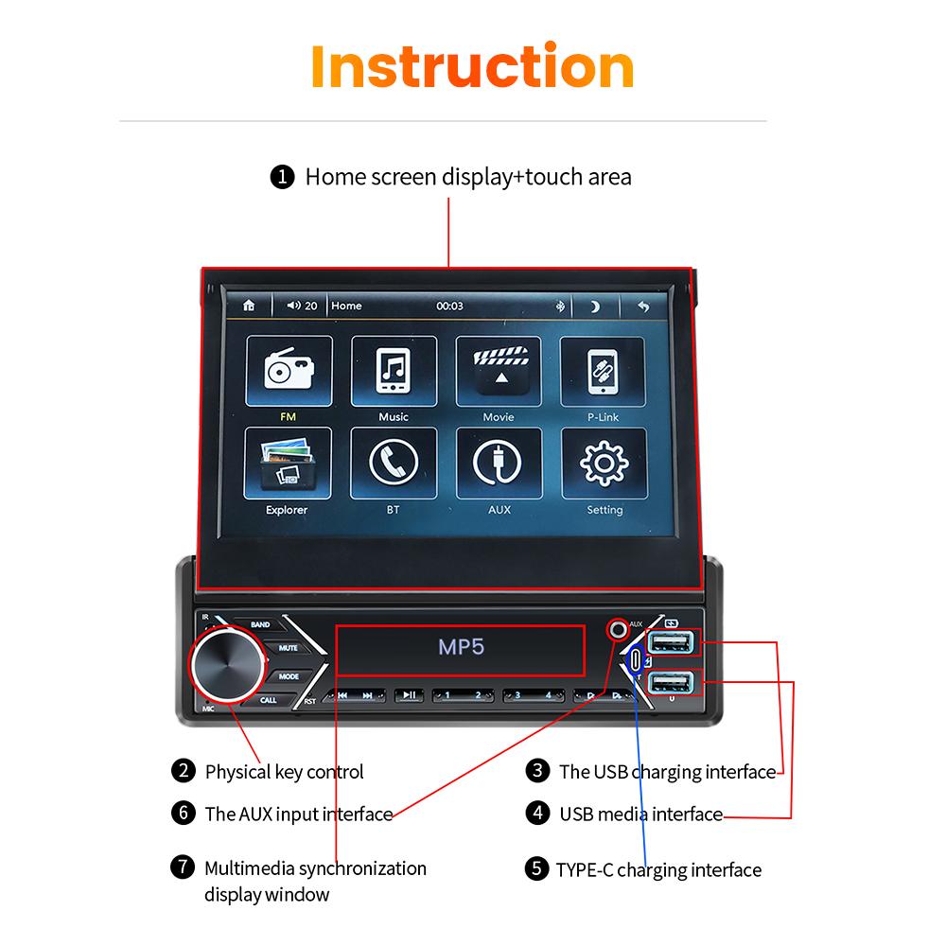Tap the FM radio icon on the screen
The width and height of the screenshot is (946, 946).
(x=289, y=371)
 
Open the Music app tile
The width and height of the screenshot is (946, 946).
(x=394, y=371)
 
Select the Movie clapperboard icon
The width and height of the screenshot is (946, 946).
(x=499, y=371)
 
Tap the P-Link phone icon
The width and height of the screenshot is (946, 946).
(x=604, y=371)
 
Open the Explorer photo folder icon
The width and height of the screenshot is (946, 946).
(x=289, y=463)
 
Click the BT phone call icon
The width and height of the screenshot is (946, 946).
(x=394, y=463)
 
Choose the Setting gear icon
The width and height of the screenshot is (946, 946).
(x=604, y=463)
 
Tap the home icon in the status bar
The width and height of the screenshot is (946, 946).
(x=249, y=306)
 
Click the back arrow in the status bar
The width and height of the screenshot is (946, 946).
(x=643, y=306)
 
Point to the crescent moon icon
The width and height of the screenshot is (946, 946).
(x=595, y=306)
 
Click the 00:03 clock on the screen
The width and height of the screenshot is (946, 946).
(x=449, y=306)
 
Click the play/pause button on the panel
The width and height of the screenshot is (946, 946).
(x=409, y=695)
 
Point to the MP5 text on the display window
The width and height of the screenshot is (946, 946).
(x=462, y=648)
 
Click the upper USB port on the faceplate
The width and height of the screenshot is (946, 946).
(x=674, y=643)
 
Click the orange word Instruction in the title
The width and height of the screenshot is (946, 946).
(x=472, y=66)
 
